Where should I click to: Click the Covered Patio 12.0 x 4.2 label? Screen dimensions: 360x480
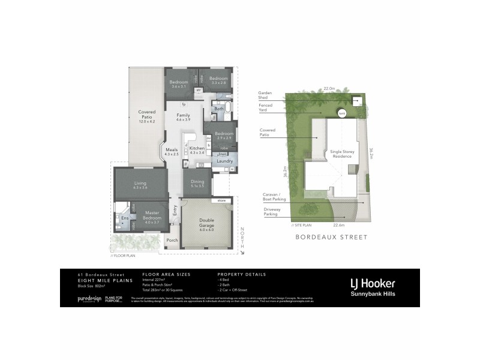pyautogui.click(x=146, y=116)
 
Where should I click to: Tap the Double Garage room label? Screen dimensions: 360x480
pyautogui.click(x=206, y=224)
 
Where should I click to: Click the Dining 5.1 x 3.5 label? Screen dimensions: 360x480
pyautogui.click(x=197, y=184)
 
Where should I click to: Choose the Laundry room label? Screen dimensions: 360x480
pyautogui.click(x=225, y=161)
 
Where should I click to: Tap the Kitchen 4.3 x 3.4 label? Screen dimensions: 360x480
pyautogui.click(x=197, y=150)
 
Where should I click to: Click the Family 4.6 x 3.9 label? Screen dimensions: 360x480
pyautogui.click(x=183, y=117)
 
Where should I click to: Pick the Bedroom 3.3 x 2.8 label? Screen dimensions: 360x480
pyautogui.click(x=218, y=82)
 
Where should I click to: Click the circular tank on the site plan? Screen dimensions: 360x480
pyautogui.click(x=342, y=113)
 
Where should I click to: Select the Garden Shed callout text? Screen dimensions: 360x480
pyautogui.click(x=265, y=95)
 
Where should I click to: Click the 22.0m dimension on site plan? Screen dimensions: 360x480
pyautogui.click(x=329, y=88)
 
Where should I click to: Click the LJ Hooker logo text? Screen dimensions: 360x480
pyautogui.click(x=373, y=283)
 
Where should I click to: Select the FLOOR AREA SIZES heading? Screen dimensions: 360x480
pyautogui.click(x=166, y=274)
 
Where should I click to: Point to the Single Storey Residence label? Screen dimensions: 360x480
pyautogui.click(x=343, y=154)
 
